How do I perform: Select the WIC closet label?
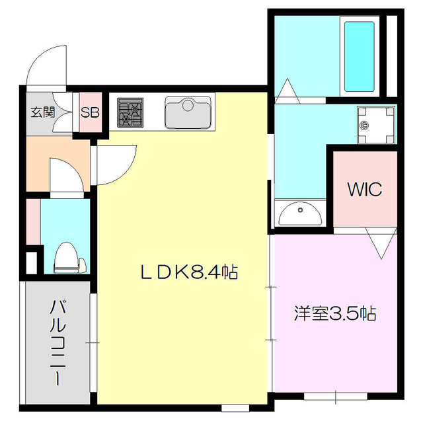click(x=364, y=190)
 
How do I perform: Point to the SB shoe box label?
click(x=90, y=112)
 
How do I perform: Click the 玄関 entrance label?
click(x=42, y=112)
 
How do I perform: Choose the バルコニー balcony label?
click(x=59, y=343)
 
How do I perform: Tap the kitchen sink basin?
click(x=188, y=112)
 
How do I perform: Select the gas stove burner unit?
click(x=130, y=112)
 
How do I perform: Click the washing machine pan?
click(x=375, y=124)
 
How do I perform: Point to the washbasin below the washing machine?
click(x=299, y=213)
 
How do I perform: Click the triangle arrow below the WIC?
click(x=382, y=244)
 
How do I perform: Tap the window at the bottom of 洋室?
click(x=335, y=396)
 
